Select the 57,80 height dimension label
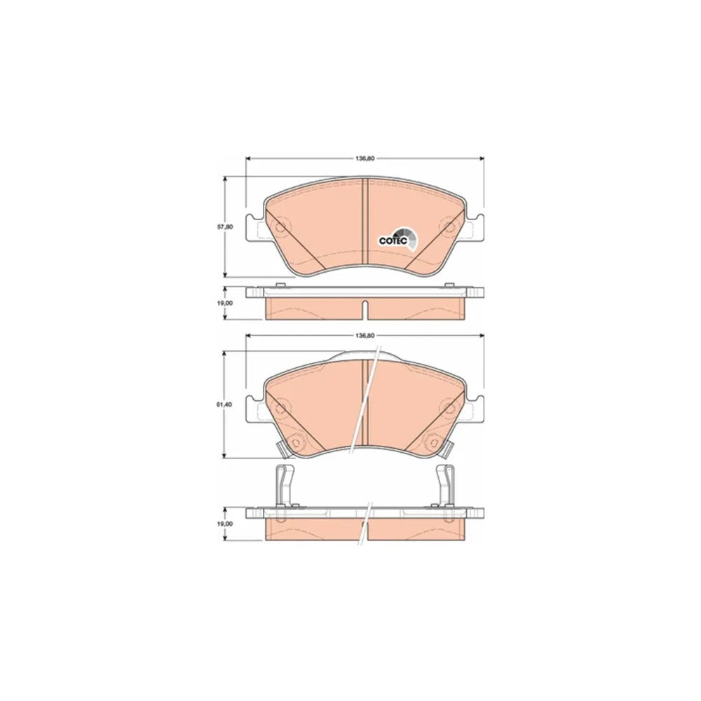coord(229,226)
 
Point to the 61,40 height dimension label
coord(229,404)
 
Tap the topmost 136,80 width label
coord(365,158)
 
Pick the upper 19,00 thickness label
coord(229,303)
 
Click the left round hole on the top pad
coord(280,227)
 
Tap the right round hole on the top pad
coord(447,227)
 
